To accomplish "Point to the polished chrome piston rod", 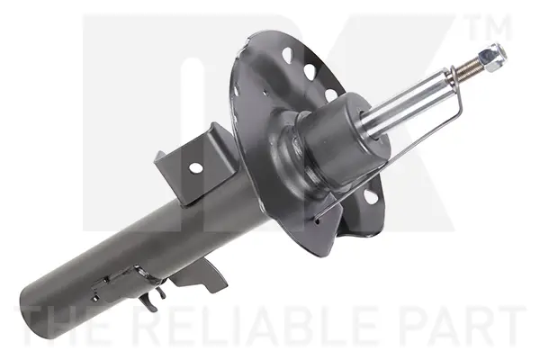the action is [409, 103].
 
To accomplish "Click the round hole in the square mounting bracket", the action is [195, 167].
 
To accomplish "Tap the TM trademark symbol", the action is [490, 27].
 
